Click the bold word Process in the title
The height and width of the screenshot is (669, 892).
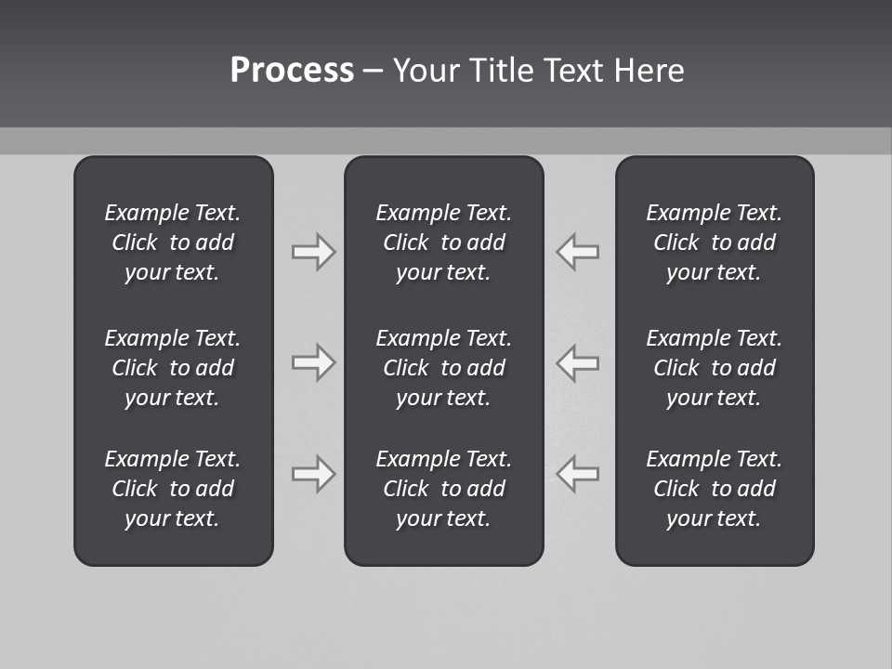click(292, 71)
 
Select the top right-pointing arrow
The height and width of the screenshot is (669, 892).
click(313, 251)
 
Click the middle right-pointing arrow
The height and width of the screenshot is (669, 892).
click(313, 362)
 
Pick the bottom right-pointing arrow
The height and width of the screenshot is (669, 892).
click(313, 474)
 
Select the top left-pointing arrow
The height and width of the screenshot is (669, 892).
click(578, 251)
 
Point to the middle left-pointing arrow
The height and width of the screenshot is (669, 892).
click(578, 362)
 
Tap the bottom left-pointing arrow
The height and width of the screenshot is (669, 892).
click(578, 474)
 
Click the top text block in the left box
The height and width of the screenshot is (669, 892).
click(173, 243)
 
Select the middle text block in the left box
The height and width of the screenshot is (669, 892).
click(173, 368)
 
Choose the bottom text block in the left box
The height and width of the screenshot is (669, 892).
click(173, 489)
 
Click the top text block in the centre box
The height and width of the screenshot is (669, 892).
click(443, 243)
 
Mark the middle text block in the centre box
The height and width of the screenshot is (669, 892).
click(443, 368)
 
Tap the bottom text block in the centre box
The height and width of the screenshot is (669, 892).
click(443, 489)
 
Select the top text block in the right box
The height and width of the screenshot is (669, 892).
click(715, 243)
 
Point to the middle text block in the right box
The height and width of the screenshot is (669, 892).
click(715, 368)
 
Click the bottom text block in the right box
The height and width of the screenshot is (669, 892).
click(715, 489)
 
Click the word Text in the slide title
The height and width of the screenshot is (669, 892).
click(574, 71)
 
